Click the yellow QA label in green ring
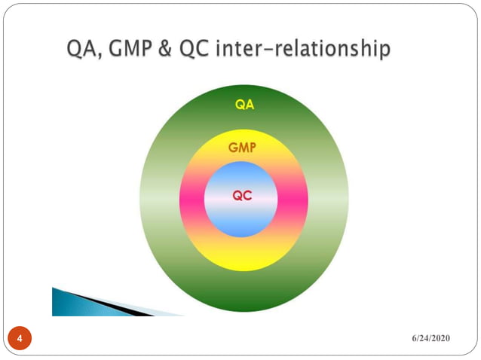(x=244, y=105)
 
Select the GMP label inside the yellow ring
(x=241, y=149)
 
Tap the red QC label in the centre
(x=242, y=195)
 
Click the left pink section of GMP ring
(x=191, y=200)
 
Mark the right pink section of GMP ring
(x=294, y=200)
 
